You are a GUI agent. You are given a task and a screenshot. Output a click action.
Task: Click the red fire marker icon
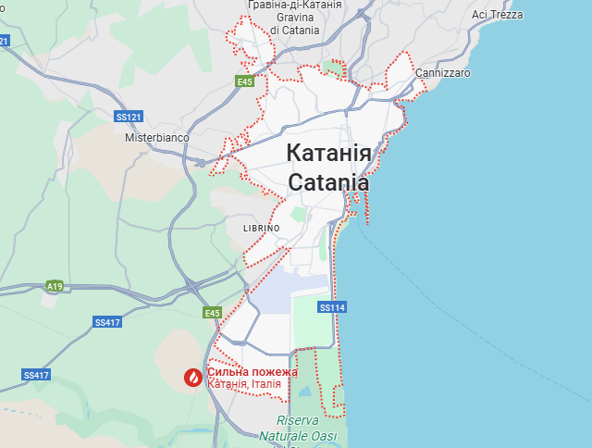(x=192, y=377)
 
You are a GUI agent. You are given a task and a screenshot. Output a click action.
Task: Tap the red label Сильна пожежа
(x=252, y=372)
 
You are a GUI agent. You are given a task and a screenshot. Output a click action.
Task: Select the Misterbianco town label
(x=157, y=137)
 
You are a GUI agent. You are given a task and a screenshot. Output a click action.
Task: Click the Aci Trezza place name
(x=497, y=15)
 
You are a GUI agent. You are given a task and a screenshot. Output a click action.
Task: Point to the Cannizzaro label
(x=443, y=72)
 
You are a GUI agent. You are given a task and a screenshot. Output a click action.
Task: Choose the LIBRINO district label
(x=261, y=228)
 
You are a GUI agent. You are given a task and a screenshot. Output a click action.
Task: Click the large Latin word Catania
(x=328, y=182)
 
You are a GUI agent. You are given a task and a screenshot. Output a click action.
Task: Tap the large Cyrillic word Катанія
(x=328, y=153)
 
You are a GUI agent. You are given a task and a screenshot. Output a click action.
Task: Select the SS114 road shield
(x=331, y=307)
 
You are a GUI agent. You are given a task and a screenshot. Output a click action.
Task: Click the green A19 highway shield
(x=55, y=286)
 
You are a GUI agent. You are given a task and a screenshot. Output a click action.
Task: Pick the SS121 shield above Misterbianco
(x=129, y=117)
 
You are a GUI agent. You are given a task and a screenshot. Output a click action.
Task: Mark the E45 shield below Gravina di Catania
(x=244, y=82)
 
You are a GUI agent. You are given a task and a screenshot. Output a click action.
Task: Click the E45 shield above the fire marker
(x=213, y=313)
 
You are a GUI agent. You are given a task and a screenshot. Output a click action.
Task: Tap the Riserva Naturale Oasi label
(x=298, y=428)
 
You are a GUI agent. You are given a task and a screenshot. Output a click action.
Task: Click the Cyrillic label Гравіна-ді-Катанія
(x=294, y=5)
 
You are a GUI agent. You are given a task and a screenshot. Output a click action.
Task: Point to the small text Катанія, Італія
(x=244, y=384)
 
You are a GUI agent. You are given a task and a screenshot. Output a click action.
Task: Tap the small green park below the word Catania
(x=299, y=214)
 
